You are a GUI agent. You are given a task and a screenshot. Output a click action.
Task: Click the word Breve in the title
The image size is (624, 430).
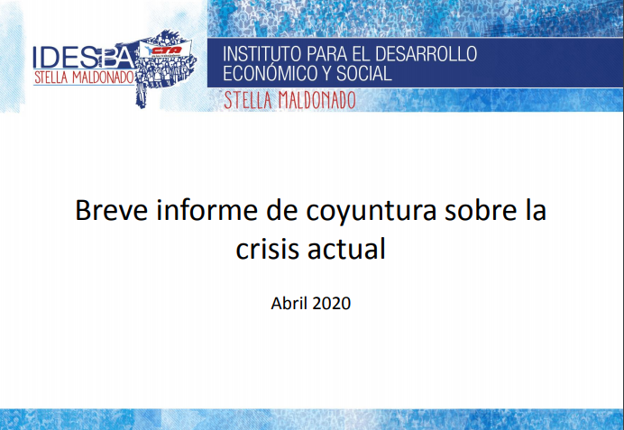[x=112, y=210]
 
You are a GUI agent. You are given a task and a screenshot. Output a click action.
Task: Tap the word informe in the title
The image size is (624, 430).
[x=206, y=210]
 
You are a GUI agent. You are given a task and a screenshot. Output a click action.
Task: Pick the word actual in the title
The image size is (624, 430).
[x=346, y=248]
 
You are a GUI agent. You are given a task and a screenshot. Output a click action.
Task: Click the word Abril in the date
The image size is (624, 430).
[x=289, y=303]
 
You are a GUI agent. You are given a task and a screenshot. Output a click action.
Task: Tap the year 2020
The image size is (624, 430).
[x=332, y=304]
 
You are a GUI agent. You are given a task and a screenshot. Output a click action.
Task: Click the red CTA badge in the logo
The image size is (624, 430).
[x=166, y=50]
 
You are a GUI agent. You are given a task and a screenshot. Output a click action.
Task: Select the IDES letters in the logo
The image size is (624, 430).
[x=65, y=58]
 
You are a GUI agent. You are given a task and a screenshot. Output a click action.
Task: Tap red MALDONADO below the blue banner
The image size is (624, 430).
[x=317, y=100]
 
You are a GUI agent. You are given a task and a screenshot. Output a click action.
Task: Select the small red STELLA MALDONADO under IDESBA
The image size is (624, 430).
[x=84, y=78]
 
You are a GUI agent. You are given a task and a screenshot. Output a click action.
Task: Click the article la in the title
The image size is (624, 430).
[x=535, y=210]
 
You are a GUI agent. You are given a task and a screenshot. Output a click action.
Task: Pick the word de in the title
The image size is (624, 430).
[x=281, y=210]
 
